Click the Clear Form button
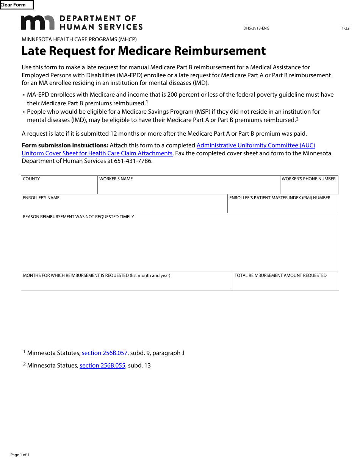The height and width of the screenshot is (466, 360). (x=16, y=5)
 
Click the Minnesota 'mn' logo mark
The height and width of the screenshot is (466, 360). (x=38, y=23)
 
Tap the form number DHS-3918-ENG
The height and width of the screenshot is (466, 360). (x=256, y=28)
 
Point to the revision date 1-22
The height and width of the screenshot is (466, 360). (x=345, y=28)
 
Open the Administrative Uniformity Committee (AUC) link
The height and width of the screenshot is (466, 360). (x=256, y=145)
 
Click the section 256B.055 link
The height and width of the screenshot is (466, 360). (x=102, y=366)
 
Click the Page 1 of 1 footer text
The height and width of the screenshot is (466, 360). (x=20, y=455)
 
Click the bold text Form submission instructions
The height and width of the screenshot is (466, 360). (x=65, y=145)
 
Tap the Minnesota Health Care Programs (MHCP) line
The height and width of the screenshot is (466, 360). (x=79, y=39)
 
